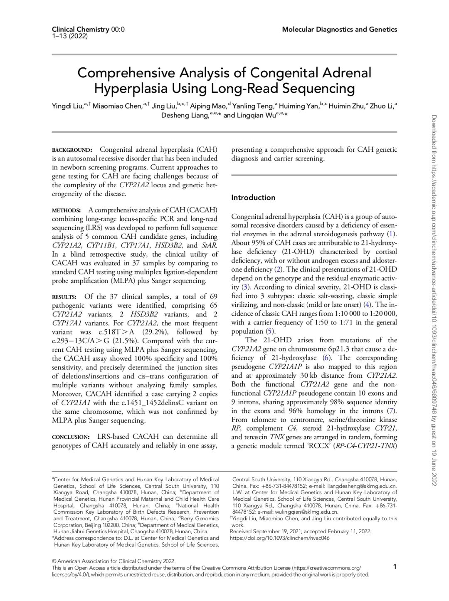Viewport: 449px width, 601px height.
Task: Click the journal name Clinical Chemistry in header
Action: [x=81, y=29]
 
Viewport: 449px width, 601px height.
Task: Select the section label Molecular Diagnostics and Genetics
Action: [x=339, y=29]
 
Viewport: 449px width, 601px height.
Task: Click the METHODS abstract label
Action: [x=66, y=210]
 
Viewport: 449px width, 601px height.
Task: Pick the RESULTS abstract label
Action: [x=64, y=297]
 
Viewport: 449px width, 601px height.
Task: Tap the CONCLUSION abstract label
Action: [x=71, y=437]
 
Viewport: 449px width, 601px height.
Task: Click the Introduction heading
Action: [x=253, y=198]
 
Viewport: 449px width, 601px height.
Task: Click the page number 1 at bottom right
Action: [x=395, y=566]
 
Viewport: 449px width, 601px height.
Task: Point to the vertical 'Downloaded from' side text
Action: [x=434, y=299]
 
